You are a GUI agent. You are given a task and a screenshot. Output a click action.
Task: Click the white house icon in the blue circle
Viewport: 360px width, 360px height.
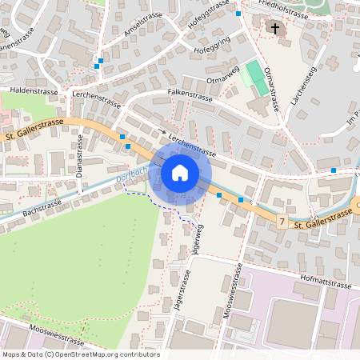point(180,172)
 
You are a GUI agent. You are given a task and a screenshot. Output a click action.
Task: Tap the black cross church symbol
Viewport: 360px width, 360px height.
point(275,29)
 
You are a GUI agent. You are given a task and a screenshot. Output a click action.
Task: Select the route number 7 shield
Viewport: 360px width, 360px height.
point(282,219)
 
